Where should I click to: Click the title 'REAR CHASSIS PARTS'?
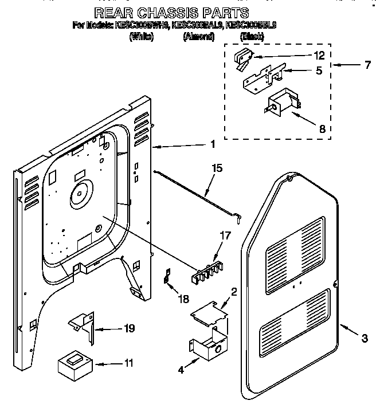coord(171,13)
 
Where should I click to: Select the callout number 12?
coord(319,56)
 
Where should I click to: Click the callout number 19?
coord(129,328)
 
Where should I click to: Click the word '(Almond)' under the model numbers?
coord(198,37)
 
